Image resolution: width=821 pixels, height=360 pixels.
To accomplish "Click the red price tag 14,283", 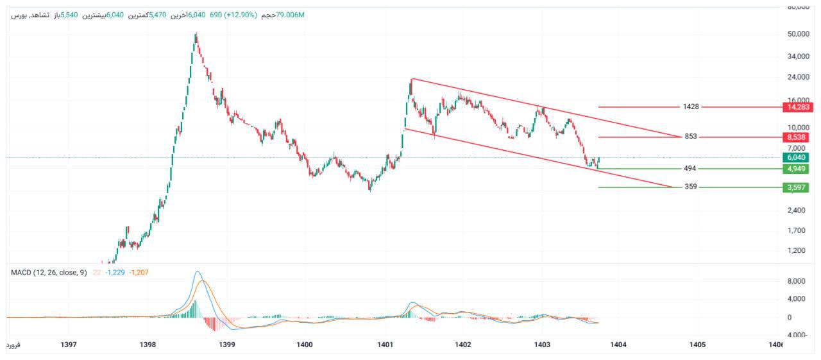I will click(x=795, y=107).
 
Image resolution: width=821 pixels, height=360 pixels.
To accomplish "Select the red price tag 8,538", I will click(x=795, y=137).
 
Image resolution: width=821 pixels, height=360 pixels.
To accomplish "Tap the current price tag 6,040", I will click(x=795, y=157).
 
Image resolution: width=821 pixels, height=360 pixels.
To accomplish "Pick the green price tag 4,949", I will click(x=795, y=169).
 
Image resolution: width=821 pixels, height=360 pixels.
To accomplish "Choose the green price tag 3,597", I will click(x=795, y=187).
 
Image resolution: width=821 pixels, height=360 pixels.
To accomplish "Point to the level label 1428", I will click(x=691, y=107).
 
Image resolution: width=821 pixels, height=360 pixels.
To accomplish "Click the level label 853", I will click(x=691, y=137).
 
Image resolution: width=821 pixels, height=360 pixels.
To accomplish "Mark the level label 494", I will click(x=691, y=169).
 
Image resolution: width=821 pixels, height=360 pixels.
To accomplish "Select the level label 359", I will click(x=691, y=187).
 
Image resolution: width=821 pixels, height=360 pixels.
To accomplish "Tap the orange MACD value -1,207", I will click(x=139, y=273).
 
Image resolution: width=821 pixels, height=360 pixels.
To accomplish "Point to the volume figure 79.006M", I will click(x=291, y=15).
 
